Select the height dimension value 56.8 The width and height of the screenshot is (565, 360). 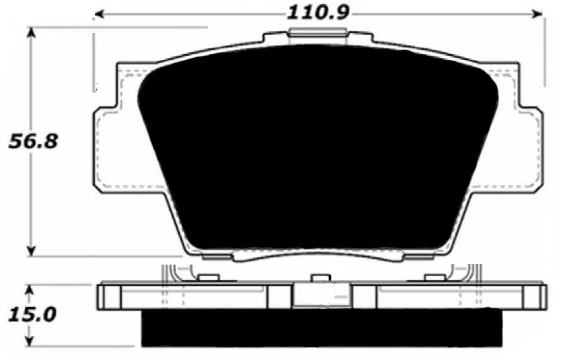tap(33, 140)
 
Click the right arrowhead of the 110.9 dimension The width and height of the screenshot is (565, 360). tap(539, 13)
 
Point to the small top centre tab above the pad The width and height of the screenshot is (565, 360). tap(317, 34)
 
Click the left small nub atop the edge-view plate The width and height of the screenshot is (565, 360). tap(208, 278)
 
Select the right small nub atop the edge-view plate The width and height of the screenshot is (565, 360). tap(434, 278)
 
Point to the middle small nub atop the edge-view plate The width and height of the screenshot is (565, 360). tap(317, 278)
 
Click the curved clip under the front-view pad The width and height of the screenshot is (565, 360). tap(316, 256)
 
